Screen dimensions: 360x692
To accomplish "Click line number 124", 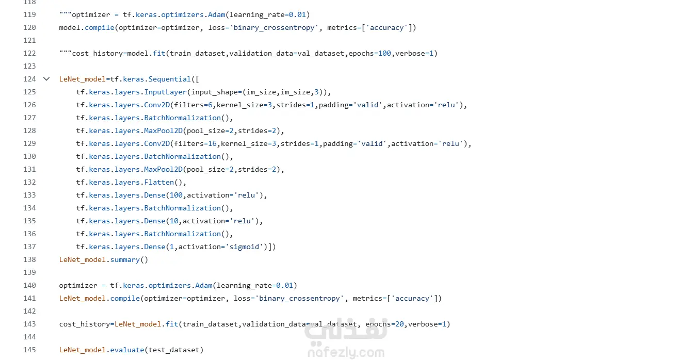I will point(29,79).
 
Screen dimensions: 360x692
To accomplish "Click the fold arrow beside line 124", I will point(46,79).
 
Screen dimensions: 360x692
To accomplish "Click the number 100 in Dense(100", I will point(176,195).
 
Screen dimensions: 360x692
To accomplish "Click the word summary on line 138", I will point(125,259).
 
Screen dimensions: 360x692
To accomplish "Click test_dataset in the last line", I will point(174,350).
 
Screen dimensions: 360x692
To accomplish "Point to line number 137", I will point(29,247).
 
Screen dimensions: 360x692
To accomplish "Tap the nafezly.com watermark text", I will point(346,353).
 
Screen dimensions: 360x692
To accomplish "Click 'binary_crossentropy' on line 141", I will point(299,298).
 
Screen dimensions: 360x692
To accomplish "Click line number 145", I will point(29,350).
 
